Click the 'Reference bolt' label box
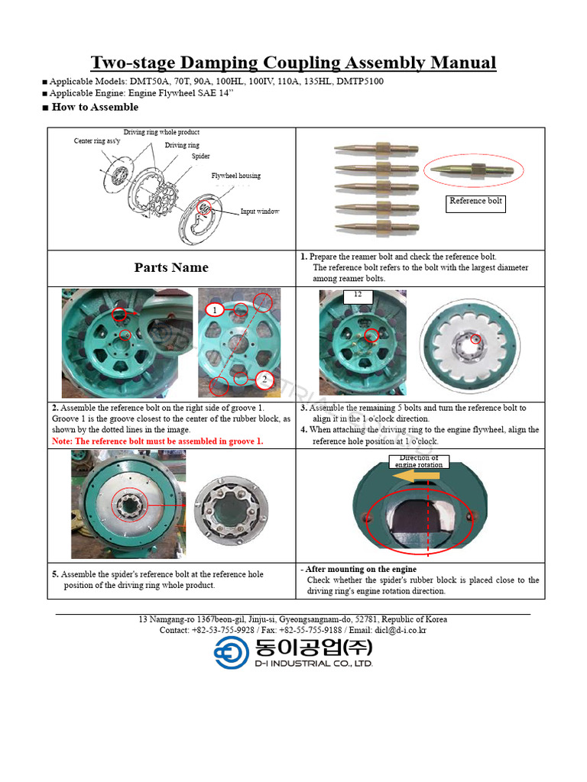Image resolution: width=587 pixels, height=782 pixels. tap(477, 202)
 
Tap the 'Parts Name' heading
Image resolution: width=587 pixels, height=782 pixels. tap(171, 267)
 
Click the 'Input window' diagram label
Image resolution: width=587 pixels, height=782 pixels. tap(260, 212)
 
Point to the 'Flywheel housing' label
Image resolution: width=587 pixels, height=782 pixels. tap(235, 176)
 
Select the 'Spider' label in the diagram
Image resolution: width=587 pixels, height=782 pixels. tap(201, 157)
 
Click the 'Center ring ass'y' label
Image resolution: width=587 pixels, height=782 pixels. tap(98, 141)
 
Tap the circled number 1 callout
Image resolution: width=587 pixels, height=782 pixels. tap(216, 310)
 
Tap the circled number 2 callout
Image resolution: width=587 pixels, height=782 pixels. tap(262, 380)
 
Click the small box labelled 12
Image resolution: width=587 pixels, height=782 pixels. tap(357, 295)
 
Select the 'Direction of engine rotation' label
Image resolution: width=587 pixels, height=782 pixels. tap(419, 461)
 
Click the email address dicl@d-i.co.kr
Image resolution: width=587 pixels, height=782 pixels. tap(401, 630)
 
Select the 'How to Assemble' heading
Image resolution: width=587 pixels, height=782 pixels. tap(95, 108)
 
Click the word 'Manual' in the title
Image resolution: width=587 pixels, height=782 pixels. tap(458, 63)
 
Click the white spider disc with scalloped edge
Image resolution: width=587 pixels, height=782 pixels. tap(469, 344)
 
